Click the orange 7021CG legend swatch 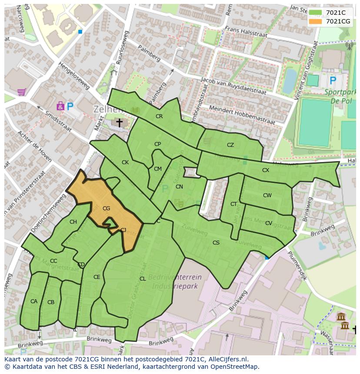point(316,21)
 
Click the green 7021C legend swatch point(316,13)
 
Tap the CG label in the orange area point(106,209)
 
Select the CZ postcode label point(230,145)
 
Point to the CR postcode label point(159,116)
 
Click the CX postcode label point(266,170)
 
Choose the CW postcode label point(267,195)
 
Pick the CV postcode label point(269,223)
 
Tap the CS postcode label point(216,243)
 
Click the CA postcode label point(34,301)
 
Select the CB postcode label point(51,302)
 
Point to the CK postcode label point(125,162)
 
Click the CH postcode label point(73,222)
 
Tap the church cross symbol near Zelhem point(119,123)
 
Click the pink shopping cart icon point(21,92)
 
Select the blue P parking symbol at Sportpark point(333,80)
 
